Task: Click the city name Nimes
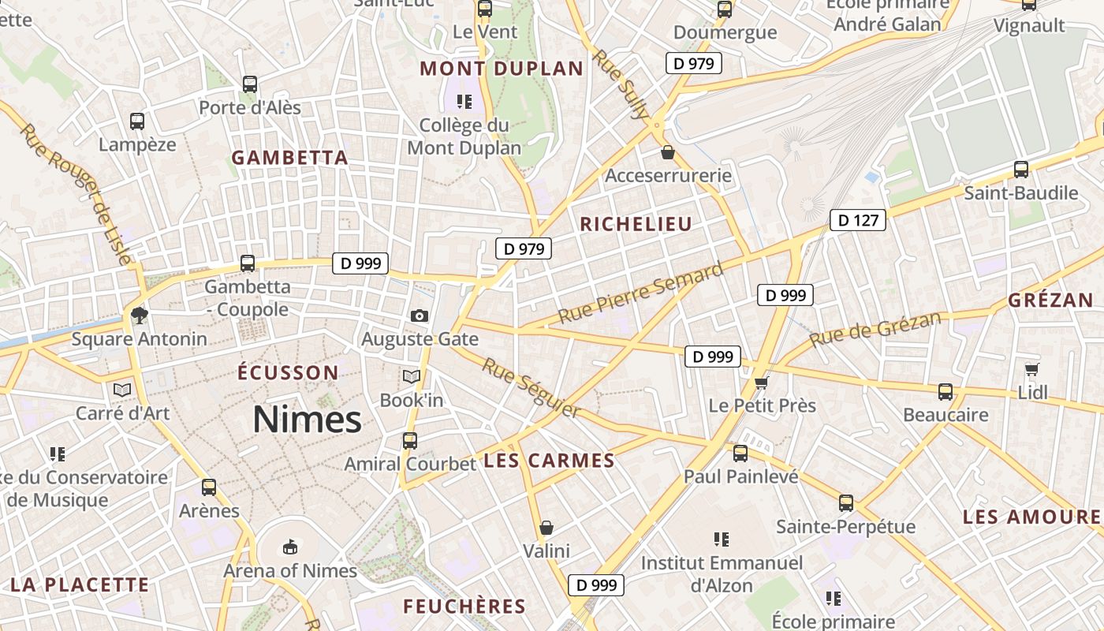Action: (307, 420)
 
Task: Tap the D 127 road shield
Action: (858, 220)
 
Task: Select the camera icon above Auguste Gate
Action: (420, 316)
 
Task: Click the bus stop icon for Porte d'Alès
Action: (250, 84)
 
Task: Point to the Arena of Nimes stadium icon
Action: (290, 547)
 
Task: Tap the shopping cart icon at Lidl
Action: (1031, 369)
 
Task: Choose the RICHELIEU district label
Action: (636, 224)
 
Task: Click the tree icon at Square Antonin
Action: (140, 315)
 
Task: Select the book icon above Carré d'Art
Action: (122, 390)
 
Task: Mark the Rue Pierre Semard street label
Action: (640, 293)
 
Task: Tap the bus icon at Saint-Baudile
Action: (1021, 169)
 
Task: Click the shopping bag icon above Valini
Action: (546, 527)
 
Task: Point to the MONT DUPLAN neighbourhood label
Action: (502, 69)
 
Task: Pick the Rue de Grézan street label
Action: (875, 329)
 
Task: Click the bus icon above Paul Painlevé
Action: (740, 454)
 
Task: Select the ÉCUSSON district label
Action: (288, 372)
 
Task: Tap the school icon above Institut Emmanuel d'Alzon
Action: (721, 540)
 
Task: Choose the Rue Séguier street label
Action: (531, 388)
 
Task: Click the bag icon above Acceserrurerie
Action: (668, 151)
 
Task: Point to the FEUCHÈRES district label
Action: (464, 607)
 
